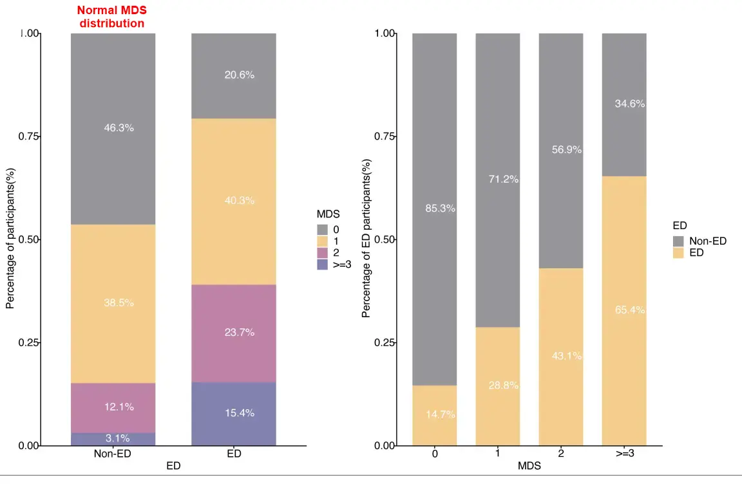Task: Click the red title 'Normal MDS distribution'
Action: [111, 17]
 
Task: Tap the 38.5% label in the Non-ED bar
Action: [119, 302]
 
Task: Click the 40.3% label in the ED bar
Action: [240, 201]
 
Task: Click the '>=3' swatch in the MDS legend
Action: [323, 264]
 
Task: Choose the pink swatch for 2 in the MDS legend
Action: [323, 252]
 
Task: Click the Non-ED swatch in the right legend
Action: [679, 241]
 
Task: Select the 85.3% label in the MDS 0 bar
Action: [441, 208]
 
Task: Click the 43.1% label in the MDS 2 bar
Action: [567, 356]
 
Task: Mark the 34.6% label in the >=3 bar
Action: [630, 104]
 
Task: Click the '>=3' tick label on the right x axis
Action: [623, 454]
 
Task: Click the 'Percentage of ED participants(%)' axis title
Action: [366, 238]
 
